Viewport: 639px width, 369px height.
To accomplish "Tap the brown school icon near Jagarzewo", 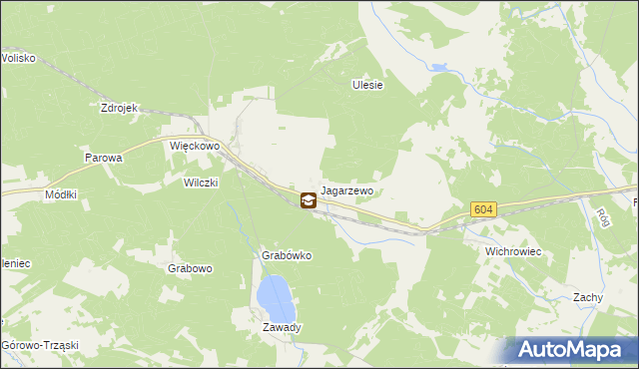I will (309, 200).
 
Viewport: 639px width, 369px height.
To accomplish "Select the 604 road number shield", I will (483, 209).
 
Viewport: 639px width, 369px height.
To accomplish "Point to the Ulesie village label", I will (367, 86).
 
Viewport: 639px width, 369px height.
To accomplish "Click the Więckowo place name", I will (194, 146).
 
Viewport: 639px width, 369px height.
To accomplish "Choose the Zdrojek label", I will (118, 108).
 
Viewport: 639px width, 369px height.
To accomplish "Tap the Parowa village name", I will (103, 158).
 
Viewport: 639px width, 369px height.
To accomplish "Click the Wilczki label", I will (201, 183).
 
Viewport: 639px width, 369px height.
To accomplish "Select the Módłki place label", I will (61, 195).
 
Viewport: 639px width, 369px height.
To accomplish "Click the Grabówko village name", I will (287, 255).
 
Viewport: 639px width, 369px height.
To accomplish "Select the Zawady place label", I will (282, 327).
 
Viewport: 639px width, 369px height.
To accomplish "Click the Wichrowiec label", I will (512, 252).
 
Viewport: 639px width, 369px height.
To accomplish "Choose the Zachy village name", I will (587, 297).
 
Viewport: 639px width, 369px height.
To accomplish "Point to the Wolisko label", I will (18, 58).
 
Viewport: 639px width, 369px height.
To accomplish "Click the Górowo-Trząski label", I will (40, 345).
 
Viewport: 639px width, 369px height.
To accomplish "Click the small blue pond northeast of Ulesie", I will (438, 68).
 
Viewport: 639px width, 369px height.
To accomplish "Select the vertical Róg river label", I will (602, 216).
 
